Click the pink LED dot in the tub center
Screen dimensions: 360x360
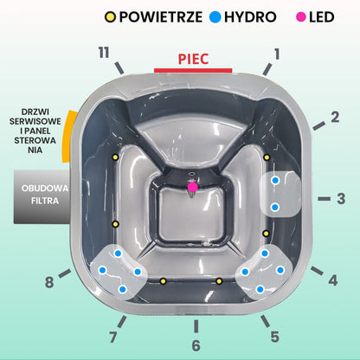[192, 187]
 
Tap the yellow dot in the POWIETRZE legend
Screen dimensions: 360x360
[110, 17]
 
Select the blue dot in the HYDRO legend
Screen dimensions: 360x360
[215, 17]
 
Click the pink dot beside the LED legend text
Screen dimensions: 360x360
[300, 17]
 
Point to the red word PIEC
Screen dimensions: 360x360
[193, 59]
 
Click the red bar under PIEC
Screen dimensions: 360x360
[193, 71]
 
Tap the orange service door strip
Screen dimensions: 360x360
[68, 136]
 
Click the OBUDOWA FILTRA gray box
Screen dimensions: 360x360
[42, 196]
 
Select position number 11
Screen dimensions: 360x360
[104, 53]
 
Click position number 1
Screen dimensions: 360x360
[277, 54]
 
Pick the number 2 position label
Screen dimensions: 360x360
[335, 117]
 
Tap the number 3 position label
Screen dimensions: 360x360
[341, 198]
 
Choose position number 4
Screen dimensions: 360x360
[333, 280]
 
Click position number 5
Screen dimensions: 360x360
[275, 337]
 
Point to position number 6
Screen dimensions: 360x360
[196, 345]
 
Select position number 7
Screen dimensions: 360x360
[113, 337]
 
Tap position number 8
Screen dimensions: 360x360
[49, 282]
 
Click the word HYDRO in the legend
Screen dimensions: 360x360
[250, 17]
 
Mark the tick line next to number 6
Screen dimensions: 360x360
[196, 326]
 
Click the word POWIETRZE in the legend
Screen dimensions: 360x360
[161, 17]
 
